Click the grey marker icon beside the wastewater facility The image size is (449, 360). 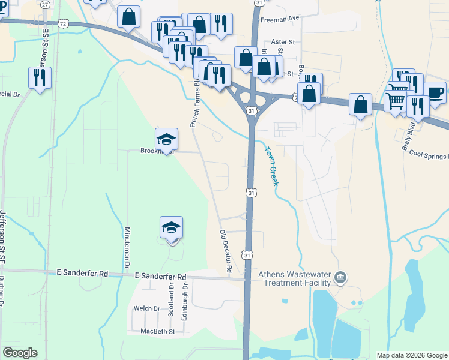pos(340,277)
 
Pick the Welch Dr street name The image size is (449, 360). pos(147,309)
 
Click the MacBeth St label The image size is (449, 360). pos(157,331)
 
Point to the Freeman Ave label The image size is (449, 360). pos(279,19)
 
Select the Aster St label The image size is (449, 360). pos(283,42)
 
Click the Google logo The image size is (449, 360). pos(20,353)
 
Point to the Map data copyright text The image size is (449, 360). pos(411,355)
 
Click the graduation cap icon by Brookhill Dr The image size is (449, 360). pos(166,140)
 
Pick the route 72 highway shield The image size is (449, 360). pos(62,22)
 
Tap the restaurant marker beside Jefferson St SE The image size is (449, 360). pos(40,77)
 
